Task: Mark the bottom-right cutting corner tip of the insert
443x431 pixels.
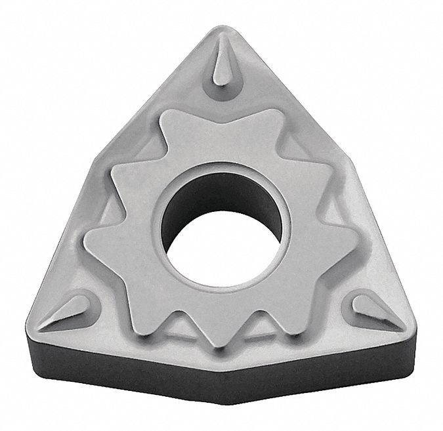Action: click(x=413, y=326)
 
